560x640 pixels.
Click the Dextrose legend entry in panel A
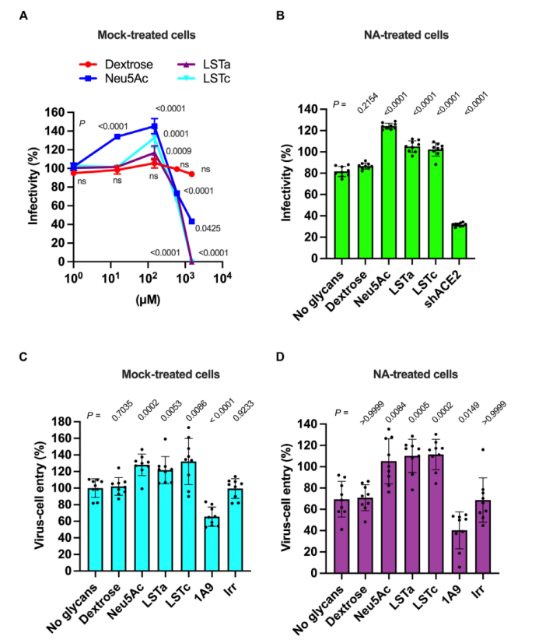pos(116,65)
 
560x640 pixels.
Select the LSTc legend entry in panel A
pos(204,78)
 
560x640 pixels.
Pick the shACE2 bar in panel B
pos(459,241)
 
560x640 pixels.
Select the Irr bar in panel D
pos(483,536)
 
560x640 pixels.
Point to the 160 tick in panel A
pos(54,112)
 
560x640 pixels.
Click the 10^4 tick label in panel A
pos(222,279)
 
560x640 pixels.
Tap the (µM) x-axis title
pos(148,300)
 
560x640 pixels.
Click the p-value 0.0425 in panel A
pos(208,229)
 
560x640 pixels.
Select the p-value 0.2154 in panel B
pos(368,104)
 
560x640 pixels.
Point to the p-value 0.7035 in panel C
pos(122,410)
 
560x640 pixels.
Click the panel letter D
pos(280,357)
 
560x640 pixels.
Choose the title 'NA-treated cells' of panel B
pos(406,35)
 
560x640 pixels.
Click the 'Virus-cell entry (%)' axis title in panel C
pos(39,495)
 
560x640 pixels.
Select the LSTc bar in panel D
pos(436,514)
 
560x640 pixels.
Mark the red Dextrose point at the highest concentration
pos(191,174)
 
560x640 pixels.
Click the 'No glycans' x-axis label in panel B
pos(319,297)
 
